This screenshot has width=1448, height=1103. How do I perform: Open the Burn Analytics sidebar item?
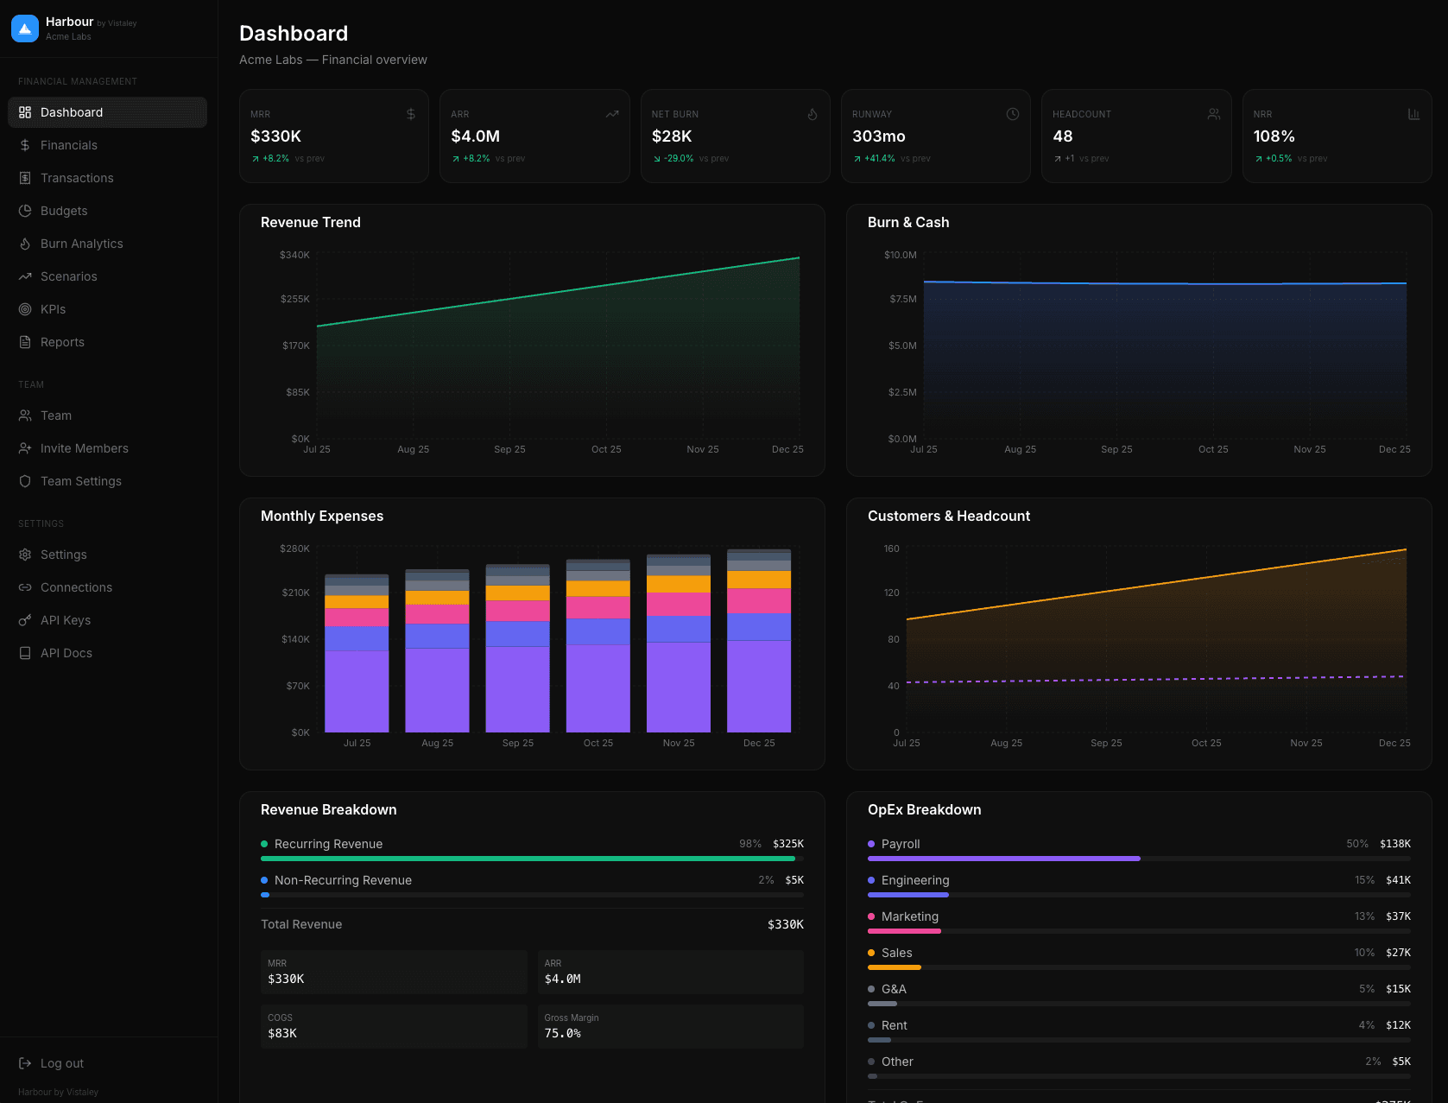click(81, 244)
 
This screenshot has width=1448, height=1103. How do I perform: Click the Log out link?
click(61, 1063)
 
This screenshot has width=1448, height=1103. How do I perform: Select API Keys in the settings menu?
click(65, 620)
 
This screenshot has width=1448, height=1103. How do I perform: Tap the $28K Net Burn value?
click(672, 136)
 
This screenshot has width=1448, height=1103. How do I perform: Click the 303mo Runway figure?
click(878, 136)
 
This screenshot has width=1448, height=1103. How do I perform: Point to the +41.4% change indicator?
click(879, 159)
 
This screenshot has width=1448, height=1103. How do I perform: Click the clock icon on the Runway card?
click(1012, 114)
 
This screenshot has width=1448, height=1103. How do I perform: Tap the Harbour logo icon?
click(25, 29)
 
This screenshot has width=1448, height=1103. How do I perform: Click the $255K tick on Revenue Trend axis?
click(294, 299)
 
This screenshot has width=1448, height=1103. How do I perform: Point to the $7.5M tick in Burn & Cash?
click(902, 299)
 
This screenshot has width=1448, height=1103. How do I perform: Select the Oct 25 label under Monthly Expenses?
click(598, 743)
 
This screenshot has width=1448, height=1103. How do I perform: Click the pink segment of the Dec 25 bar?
click(758, 600)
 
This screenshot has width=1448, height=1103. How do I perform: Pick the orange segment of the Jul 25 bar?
click(357, 602)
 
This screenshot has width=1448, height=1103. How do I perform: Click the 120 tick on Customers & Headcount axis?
click(891, 593)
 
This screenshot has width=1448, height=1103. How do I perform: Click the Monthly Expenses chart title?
click(322, 516)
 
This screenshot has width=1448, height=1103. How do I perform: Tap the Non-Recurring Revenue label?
click(343, 880)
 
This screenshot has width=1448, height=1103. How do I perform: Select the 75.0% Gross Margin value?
click(562, 1033)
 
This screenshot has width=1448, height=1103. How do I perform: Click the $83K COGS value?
click(282, 1033)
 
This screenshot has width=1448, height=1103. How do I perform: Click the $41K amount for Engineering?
click(1397, 880)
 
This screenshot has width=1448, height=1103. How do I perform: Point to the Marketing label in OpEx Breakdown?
click(909, 916)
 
